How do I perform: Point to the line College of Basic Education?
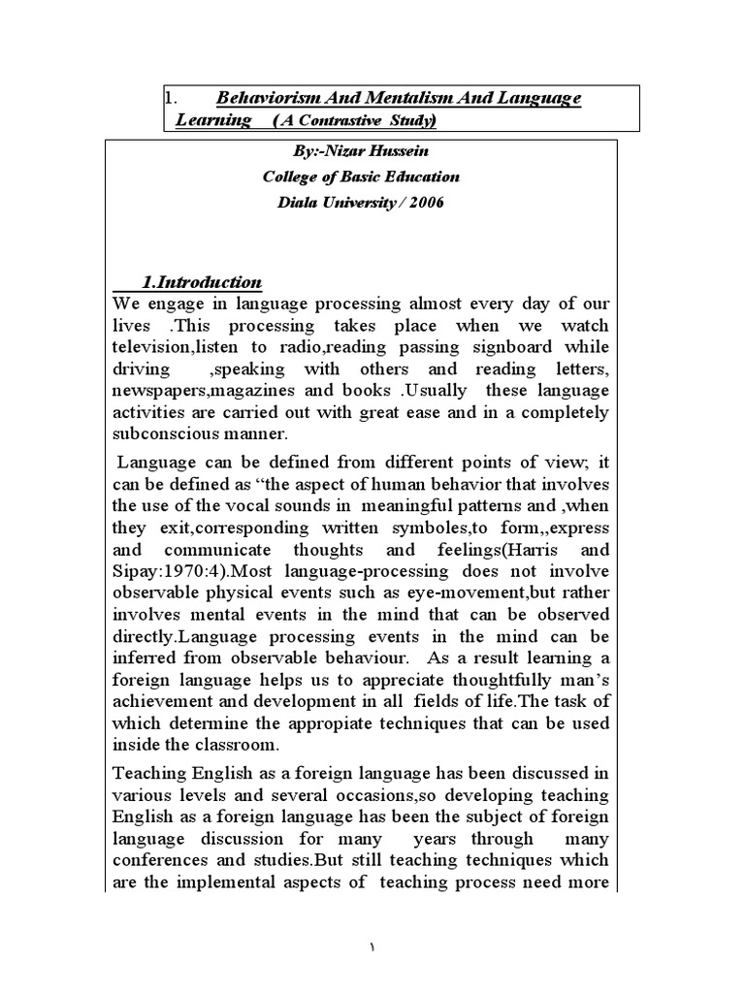[x=347, y=177]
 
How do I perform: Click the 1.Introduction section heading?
[x=201, y=282]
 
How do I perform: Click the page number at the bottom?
[x=372, y=947]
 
